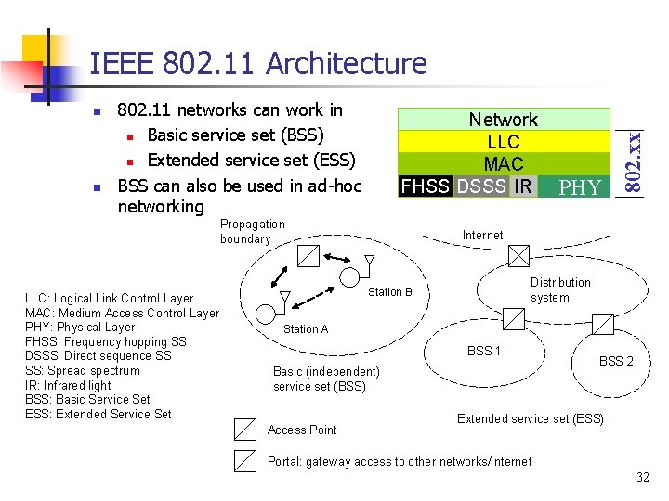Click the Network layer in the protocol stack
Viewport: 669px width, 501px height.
coord(503,120)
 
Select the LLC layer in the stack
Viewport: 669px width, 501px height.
coord(503,142)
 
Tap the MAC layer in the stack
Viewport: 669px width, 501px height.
coord(503,164)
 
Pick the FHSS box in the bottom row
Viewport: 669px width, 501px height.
coord(426,186)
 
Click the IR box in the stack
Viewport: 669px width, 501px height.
coord(523,186)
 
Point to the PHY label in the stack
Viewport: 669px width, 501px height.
coord(581,188)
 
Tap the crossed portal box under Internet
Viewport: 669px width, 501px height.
coord(518,256)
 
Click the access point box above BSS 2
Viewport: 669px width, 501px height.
coord(602,324)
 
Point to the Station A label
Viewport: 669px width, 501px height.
coord(305,329)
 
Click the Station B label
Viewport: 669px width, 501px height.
coord(389,292)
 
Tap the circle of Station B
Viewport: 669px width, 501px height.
coord(350,276)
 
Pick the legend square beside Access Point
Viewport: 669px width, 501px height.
coord(245,429)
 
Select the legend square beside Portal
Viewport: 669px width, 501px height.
coord(245,461)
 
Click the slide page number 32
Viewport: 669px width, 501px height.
coord(642,477)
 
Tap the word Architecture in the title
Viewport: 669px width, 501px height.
coord(346,64)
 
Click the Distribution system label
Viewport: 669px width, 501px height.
coord(559,289)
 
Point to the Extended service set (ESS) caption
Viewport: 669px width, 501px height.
coord(530,419)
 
